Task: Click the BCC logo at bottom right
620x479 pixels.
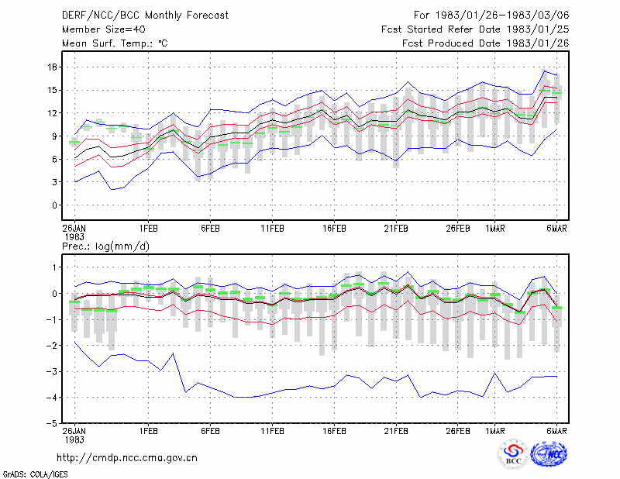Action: [513, 455]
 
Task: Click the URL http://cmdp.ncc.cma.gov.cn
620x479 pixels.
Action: [127, 458]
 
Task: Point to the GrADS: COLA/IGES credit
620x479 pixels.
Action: [35, 474]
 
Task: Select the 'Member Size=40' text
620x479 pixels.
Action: [104, 29]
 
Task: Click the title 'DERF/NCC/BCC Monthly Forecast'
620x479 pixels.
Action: [145, 16]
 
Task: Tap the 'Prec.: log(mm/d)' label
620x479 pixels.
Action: [105, 246]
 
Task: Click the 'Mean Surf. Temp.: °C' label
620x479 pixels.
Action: [115, 43]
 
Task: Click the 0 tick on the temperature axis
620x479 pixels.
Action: [54, 205]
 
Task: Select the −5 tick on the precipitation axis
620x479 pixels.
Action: [51, 423]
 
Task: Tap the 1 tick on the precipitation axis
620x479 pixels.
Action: [54, 267]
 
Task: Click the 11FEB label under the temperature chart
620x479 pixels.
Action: [272, 229]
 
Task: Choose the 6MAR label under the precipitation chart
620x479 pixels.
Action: [556, 431]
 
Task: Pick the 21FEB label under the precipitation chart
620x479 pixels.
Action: [396, 431]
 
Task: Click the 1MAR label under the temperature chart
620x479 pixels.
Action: [495, 229]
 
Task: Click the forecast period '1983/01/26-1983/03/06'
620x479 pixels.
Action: [502, 16]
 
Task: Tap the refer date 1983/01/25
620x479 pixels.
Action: [538, 29]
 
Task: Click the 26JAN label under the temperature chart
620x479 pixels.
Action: [74, 229]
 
